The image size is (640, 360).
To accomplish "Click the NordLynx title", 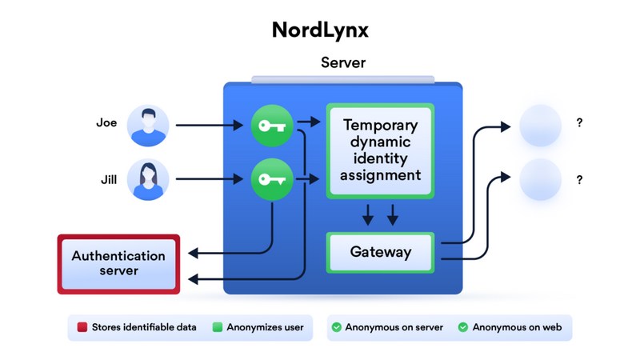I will (x=320, y=30).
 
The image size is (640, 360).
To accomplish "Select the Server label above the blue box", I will (x=343, y=62).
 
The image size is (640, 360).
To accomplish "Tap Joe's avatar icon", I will (x=148, y=126).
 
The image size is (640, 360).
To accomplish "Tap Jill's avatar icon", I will (x=148, y=180).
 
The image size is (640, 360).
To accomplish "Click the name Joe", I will (x=106, y=123).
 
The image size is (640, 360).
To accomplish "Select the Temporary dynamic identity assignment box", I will (x=380, y=150).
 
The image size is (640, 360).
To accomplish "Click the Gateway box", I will (x=380, y=253).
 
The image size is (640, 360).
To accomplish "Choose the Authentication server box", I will (x=118, y=263).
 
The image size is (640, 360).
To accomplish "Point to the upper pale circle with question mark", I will (x=540, y=126).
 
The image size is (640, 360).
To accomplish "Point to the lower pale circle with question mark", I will (x=540, y=179).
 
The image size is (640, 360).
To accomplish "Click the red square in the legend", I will (x=82, y=327).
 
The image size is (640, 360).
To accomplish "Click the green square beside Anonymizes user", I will (x=216, y=327).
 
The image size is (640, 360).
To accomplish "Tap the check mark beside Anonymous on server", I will (x=337, y=327).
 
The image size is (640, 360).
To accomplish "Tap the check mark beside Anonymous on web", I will (x=463, y=327).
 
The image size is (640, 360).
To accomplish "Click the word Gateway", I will (x=380, y=253).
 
